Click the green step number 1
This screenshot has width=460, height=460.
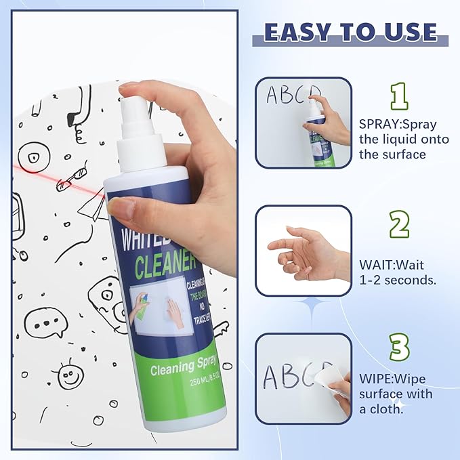pos(400,96)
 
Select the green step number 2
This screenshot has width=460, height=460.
pos(400,224)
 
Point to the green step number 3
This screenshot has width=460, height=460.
pos(400,347)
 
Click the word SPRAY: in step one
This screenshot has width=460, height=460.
pos(380,124)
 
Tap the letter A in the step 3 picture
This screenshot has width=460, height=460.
pos(272,377)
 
